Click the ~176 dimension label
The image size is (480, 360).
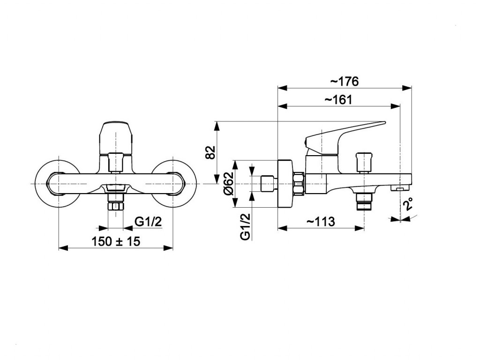pos(344,82)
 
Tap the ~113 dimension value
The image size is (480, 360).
pos(321,221)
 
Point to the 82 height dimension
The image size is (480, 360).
pos(210,152)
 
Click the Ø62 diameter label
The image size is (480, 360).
pos(229,183)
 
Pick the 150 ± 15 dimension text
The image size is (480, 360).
pos(116,241)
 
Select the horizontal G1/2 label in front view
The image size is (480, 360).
pos(149,221)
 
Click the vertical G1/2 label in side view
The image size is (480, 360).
pos(246,226)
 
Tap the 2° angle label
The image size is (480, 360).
pos(408,204)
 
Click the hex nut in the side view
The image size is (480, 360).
pos(299,183)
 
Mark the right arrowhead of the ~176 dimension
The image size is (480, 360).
pos(407,88)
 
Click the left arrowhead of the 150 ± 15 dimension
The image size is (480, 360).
pos(63,248)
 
